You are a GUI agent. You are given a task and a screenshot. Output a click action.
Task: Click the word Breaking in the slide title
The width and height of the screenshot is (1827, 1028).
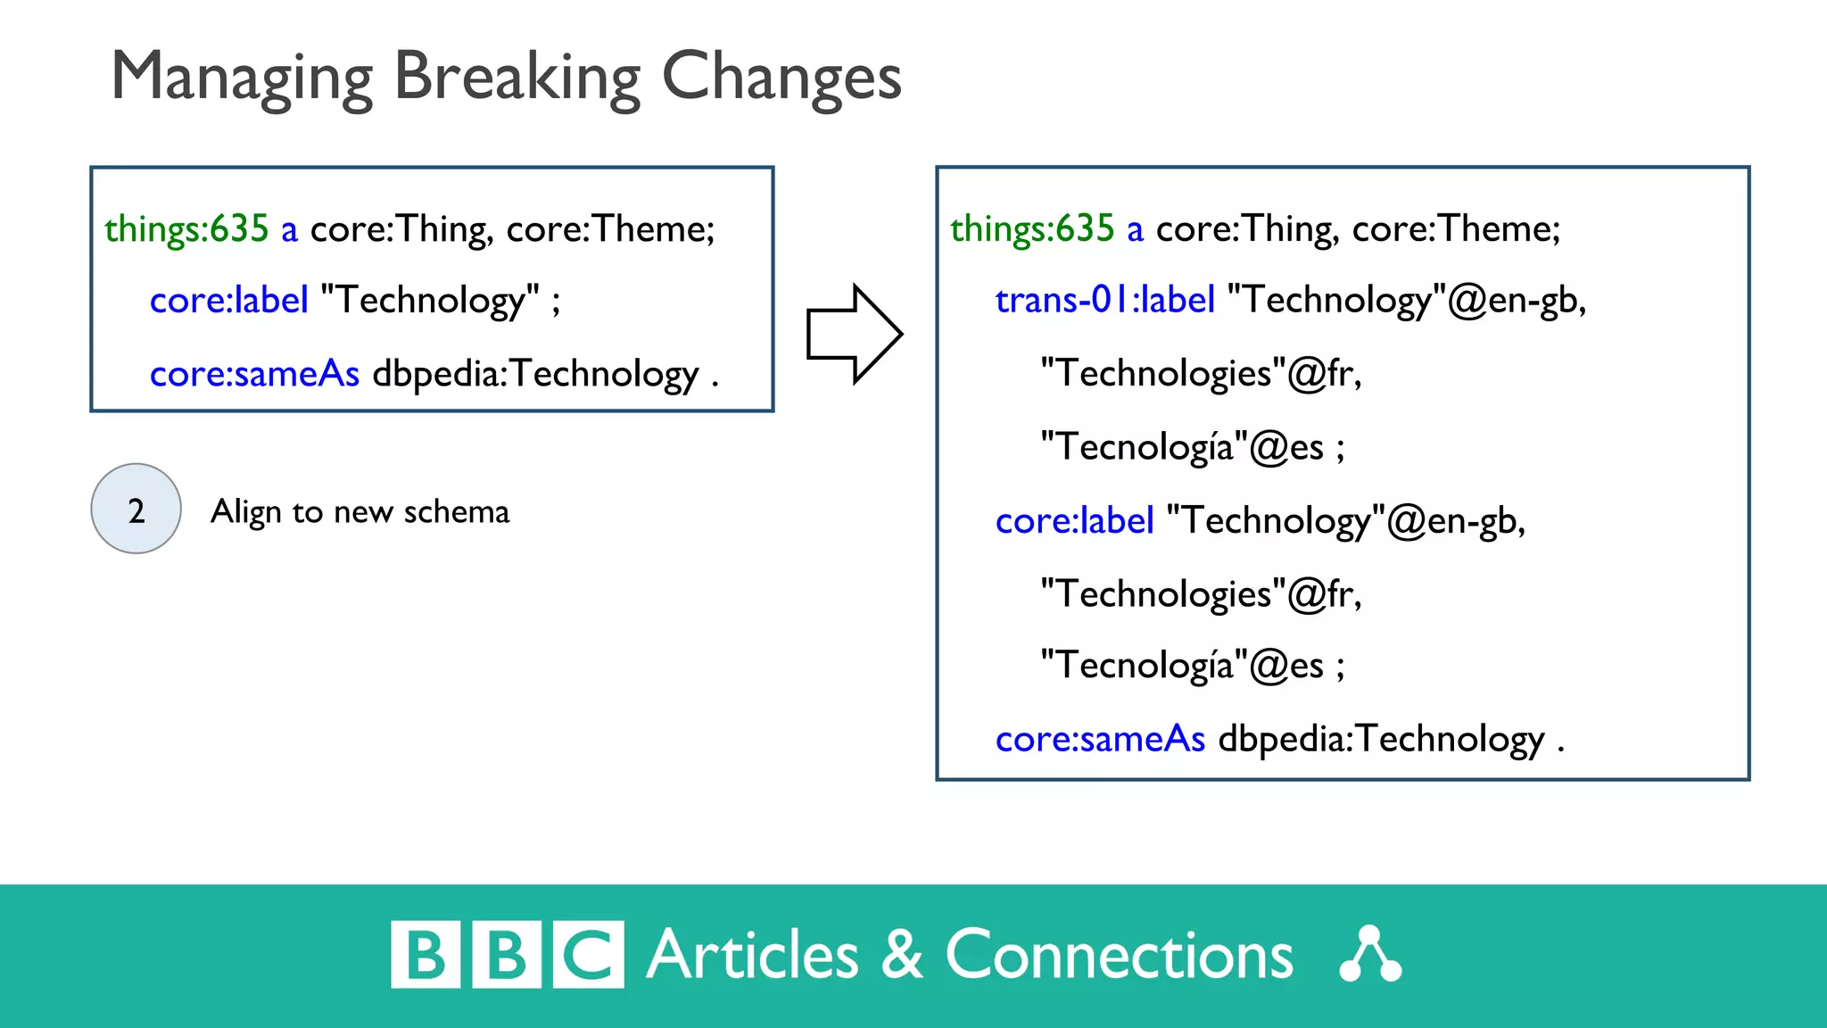click(517, 78)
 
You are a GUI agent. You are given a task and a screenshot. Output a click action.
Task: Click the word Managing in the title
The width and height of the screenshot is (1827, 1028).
click(241, 78)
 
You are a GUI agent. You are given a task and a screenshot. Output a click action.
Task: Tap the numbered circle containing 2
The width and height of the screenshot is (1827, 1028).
click(136, 509)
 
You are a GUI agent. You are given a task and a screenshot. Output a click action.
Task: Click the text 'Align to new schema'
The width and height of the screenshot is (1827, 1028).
click(360, 512)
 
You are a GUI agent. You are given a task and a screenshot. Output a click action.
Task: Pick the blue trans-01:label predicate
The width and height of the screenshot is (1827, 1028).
click(1104, 300)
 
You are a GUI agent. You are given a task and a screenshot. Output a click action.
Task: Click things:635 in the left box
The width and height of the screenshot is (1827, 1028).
click(186, 229)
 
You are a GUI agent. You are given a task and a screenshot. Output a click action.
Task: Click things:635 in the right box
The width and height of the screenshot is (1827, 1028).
click(1031, 229)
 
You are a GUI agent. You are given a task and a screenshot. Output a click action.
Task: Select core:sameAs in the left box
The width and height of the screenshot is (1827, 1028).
click(254, 374)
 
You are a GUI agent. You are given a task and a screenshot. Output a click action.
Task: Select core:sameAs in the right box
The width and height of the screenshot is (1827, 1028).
click(1100, 740)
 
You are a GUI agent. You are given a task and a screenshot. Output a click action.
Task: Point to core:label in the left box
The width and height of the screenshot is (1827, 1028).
click(228, 301)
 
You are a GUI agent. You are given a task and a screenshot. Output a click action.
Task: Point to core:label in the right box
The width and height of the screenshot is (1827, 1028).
click(1074, 521)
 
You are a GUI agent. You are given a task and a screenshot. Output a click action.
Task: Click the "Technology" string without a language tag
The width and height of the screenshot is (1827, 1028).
click(430, 301)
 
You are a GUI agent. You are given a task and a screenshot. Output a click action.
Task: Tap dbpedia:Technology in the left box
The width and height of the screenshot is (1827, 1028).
click(535, 374)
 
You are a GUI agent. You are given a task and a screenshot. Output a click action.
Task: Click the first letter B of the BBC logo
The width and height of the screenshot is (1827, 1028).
click(426, 955)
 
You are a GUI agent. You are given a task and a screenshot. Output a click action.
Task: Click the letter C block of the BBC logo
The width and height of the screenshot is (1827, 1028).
click(588, 955)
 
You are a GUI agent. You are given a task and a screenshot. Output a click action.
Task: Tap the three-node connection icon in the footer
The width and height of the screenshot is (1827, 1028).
click(1370, 955)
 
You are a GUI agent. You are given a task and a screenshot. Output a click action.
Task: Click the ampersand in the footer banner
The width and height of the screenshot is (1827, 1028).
click(902, 955)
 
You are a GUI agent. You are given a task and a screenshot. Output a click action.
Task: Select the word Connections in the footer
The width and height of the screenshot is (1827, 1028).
click(1119, 955)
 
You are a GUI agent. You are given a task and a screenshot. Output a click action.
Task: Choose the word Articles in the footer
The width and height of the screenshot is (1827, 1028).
click(752, 955)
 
